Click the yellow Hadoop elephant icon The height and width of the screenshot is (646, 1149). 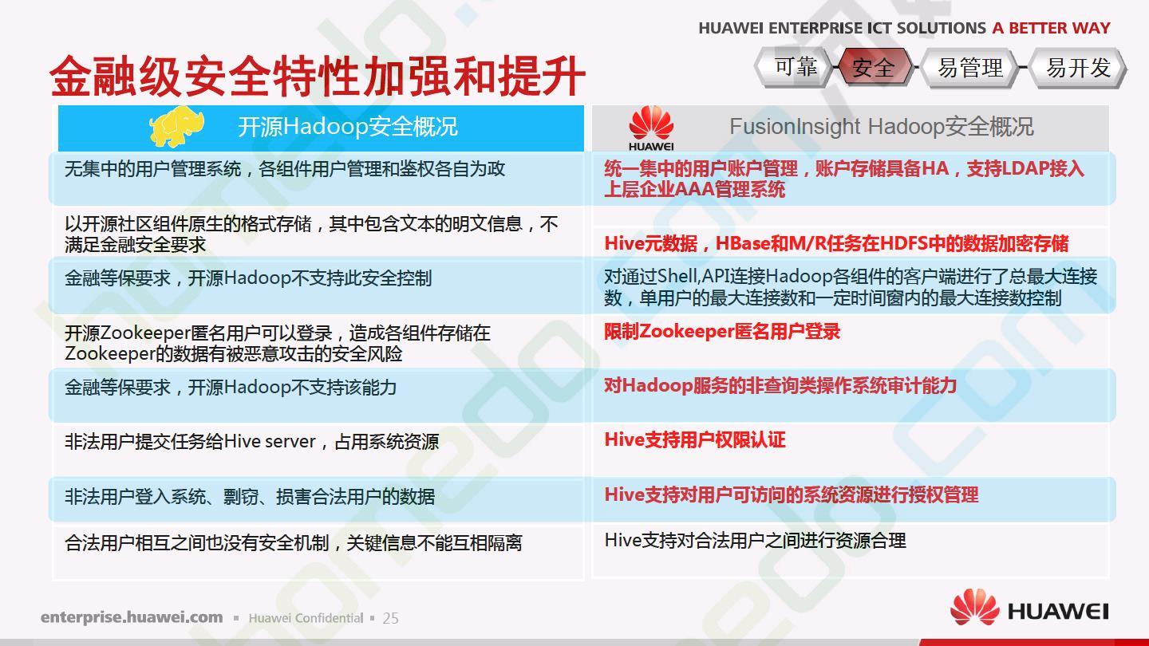pyautogui.click(x=176, y=126)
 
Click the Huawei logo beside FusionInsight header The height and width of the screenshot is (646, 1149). pyautogui.click(x=651, y=128)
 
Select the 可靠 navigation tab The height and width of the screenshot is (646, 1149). pyautogui.click(x=794, y=67)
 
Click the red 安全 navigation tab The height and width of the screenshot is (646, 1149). pyautogui.click(x=873, y=67)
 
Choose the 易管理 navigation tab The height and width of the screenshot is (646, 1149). pyautogui.click(x=969, y=67)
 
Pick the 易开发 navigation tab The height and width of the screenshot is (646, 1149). pyautogui.click(x=1078, y=67)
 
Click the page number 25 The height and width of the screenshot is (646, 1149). pyautogui.click(x=390, y=618)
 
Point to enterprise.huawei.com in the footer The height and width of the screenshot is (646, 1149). pyautogui.click(x=132, y=617)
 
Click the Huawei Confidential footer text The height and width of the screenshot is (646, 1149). pyautogui.click(x=306, y=618)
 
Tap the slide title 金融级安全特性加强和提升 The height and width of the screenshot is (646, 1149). pyautogui.click(x=318, y=77)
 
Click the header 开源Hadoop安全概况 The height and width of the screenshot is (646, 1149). pyautogui.click(x=347, y=127)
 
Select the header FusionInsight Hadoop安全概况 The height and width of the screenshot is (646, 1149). pyautogui.click(x=881, y=127)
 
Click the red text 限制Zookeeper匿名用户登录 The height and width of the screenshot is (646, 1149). pyautogui.click(x=722, y=332)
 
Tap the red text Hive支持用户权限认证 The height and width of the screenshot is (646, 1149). pyautogui.click(x=694, y=440)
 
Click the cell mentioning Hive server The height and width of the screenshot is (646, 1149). pyautogui.click(x=251, y=442)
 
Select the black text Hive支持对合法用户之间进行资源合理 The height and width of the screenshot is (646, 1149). pyautogui.click(x=755, y=541)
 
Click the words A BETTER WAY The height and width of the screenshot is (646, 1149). pyautogui.click(x=1051, y=28)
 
